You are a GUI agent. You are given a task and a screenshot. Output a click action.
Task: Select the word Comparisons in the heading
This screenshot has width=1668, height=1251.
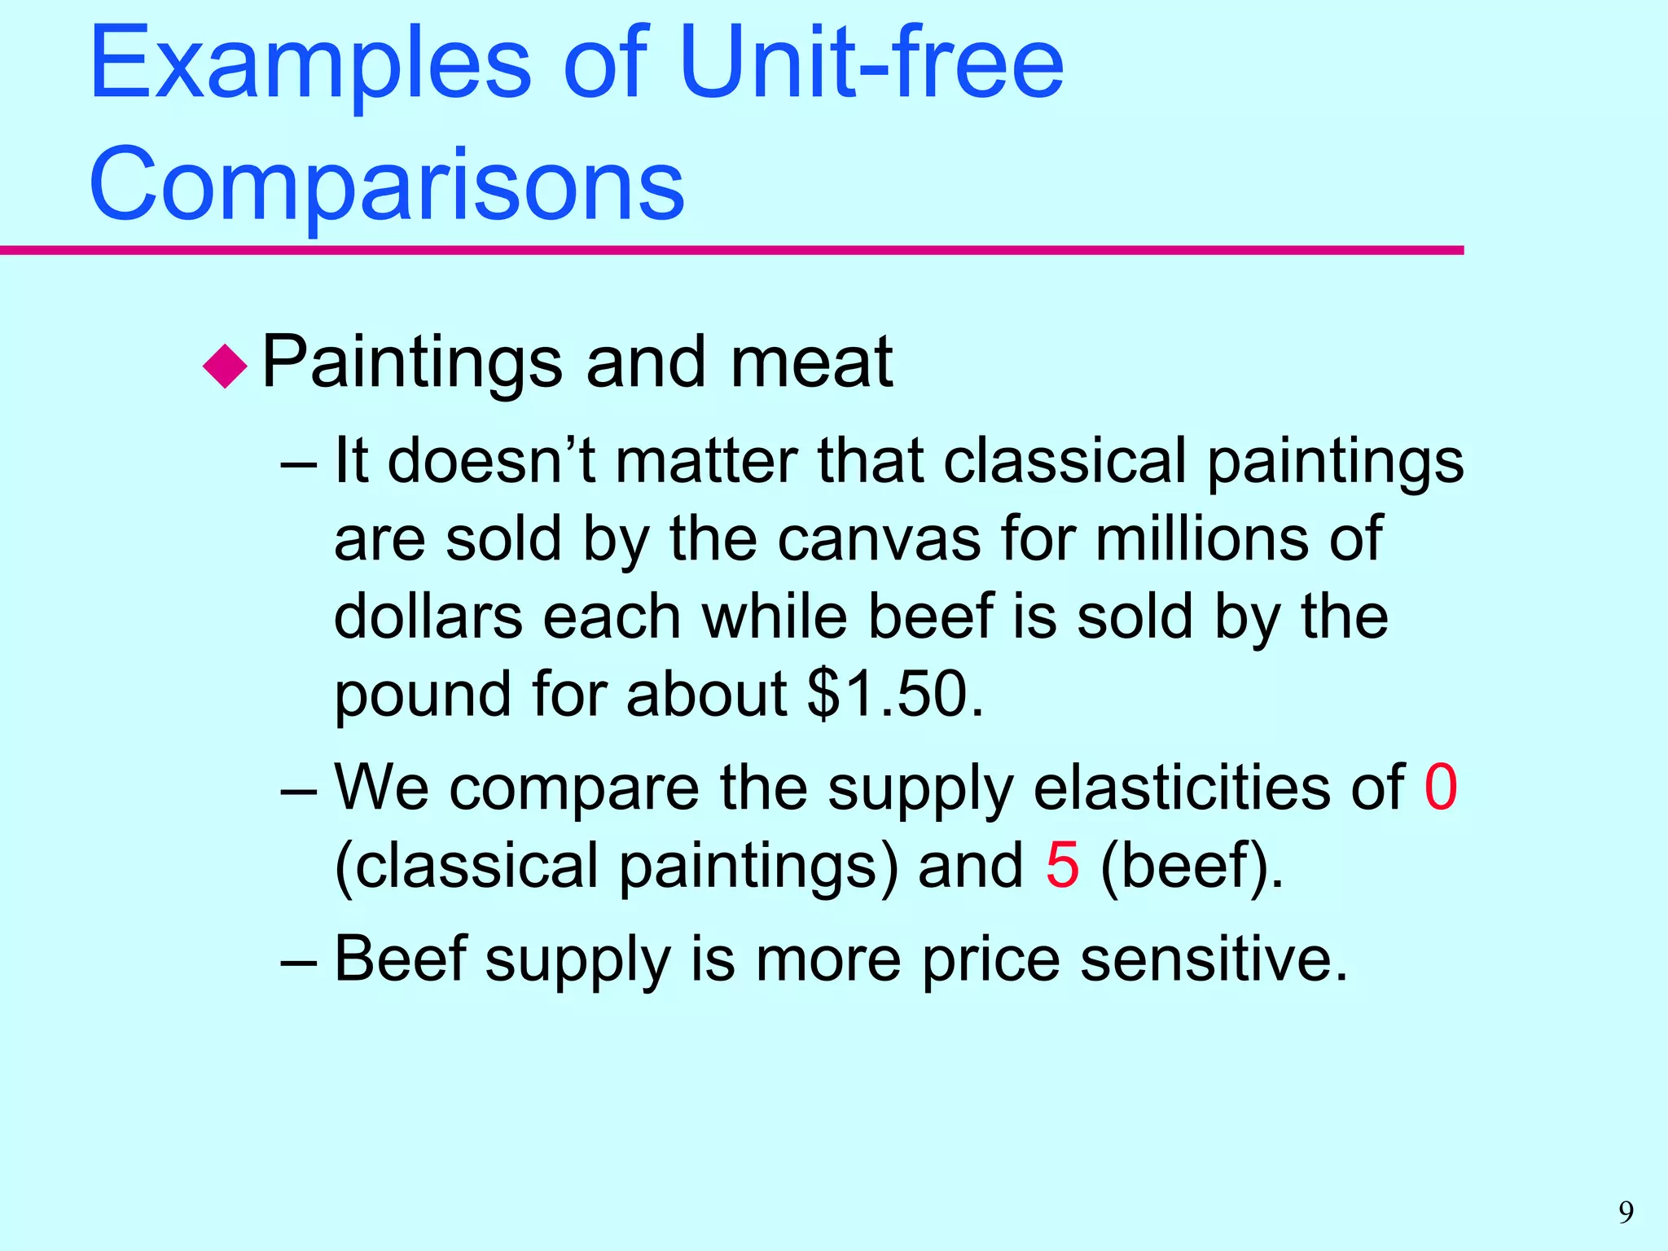[387, 183]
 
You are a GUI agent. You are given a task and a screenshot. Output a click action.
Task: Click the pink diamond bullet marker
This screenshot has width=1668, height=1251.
[225, 366]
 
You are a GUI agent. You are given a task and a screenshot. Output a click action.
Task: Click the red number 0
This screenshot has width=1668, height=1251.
[1440, 788]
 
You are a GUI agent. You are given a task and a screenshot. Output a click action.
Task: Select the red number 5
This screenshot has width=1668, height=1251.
[1062, 865]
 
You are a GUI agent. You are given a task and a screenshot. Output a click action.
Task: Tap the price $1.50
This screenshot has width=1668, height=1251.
[896, 694]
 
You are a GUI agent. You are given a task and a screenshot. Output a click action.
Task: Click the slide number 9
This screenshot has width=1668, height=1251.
[1626, 1213]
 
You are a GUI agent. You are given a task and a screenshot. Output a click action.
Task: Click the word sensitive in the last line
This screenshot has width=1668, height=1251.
[1214, 959]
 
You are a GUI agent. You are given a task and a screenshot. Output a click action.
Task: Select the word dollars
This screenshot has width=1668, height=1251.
[428, 617]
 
